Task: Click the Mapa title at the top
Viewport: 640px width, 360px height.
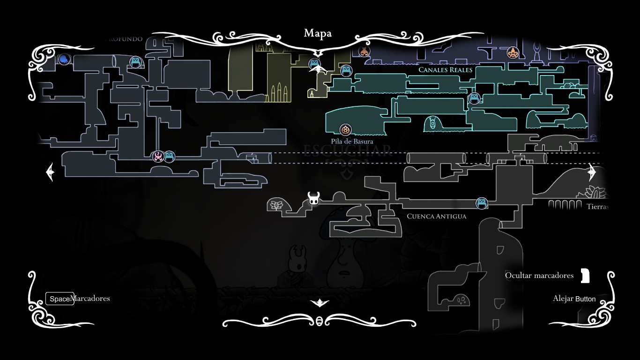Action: tap(318, 33)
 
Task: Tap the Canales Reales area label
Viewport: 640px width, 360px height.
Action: tap(445, 70)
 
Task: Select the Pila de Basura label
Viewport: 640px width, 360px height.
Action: tap(352, 141)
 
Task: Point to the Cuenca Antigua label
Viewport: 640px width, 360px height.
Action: tap(436, 216)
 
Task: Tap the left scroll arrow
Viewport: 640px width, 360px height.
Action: tap(50, 172)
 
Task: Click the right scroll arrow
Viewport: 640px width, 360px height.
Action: tap(592, 172)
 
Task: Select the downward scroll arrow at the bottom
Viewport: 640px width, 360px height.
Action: tap(320, 303)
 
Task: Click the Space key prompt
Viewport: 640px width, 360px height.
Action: tap(60, 299)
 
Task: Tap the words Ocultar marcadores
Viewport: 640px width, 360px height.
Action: tap(539, 276)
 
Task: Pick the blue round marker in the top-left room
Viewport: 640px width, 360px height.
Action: tap(64, 60)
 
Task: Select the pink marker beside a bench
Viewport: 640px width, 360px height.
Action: tap(158, 157)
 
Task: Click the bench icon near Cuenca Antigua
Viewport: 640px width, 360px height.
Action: tap(482, 203)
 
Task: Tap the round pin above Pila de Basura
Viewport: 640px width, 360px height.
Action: tap(346, 129)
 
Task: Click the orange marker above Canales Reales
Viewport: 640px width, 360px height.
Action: tap(513, 52)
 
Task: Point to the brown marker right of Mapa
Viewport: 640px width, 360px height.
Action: tap(364, 51)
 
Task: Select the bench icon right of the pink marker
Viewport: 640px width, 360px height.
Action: tap(169, 157)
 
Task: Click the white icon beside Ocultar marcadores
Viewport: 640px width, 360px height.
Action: tap(585, 276)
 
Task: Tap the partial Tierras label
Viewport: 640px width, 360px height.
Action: tap(597, 207)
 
